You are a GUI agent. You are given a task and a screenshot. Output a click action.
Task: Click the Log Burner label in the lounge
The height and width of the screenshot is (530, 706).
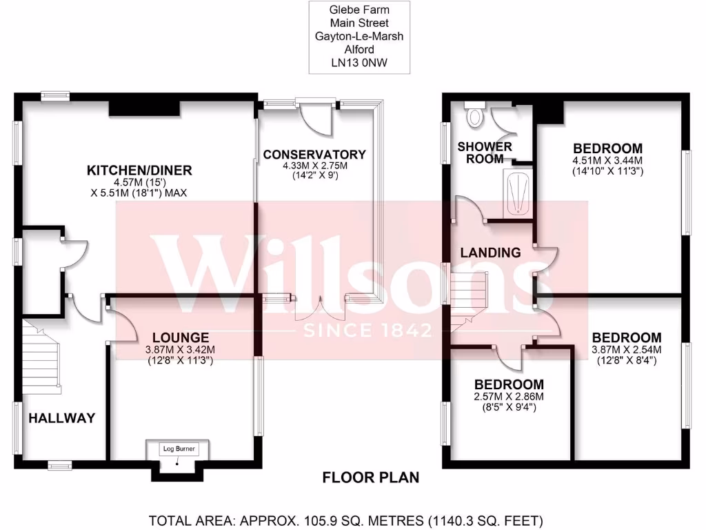(179, 449)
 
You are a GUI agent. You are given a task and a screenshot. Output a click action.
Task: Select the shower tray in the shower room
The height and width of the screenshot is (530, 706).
(518, 194)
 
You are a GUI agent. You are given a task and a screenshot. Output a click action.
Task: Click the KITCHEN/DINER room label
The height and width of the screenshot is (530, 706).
(139, 170)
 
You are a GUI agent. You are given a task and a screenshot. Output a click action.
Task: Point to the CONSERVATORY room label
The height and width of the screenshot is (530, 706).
(314, 154)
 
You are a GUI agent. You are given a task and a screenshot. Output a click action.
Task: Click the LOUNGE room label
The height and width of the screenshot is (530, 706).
(181, 337)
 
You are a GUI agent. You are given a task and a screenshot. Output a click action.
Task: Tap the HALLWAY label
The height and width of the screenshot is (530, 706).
(61, 418)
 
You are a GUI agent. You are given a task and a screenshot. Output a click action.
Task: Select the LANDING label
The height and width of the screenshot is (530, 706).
(490, 253)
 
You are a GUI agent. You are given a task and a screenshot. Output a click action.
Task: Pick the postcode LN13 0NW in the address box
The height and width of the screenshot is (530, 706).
(359, 62)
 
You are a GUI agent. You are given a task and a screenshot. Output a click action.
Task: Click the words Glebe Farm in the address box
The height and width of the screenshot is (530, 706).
(359, 10)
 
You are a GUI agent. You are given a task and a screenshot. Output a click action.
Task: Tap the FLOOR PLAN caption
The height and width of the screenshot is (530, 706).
(371, 478)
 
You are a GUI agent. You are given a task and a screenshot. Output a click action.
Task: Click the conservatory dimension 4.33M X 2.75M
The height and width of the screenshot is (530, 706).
(314, 166)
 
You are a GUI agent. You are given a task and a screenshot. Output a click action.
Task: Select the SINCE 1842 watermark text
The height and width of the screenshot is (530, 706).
(367, 331)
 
